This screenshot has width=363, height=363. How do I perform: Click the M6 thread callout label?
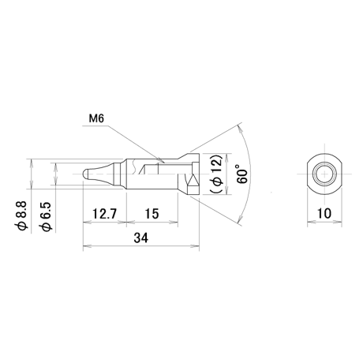click(96, 118)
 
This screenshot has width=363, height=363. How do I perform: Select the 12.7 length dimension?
click(104, 214)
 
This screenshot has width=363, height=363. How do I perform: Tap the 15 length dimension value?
click(152, 214)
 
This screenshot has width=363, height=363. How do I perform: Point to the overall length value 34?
click(141, 238)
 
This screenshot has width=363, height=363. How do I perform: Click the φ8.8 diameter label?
click(21, 216)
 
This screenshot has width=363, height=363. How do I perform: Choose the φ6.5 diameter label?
click(45, 217)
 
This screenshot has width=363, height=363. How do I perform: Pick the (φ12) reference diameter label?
click(216, 174)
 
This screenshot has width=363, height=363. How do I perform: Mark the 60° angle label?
click(242, 174)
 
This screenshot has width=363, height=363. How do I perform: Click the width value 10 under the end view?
click(324, 213)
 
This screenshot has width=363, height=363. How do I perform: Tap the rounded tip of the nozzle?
click(84, 174)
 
